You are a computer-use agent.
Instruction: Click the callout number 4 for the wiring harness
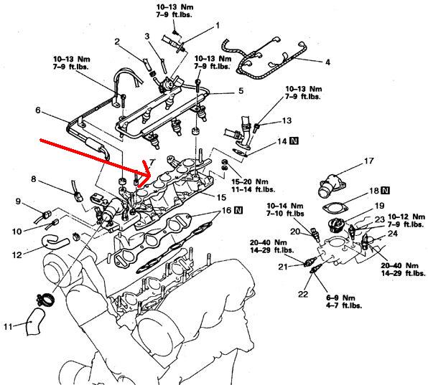pyautogui.click(x=328, y=62)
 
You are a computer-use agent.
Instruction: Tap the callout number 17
pyautogui.click(x=369, y=161)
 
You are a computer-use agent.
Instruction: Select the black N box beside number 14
pyautogui.click(x=294, y=141)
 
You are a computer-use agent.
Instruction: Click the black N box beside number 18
pyautogui.click(x=385, y=190)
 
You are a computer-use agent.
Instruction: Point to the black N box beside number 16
pyautogui.click(x=238, y=210)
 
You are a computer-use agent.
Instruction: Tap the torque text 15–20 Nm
pyautogui.click(x=250, y=181)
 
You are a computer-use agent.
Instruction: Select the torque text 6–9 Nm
pyautogui.click(x=341, y=298)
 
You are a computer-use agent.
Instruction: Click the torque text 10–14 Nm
pyautogui.click(x=285, y=206)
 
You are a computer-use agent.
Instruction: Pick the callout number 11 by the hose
pyautogui.click(x=8, y=326)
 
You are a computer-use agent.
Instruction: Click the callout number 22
pyautogui.click(x=303, y=294)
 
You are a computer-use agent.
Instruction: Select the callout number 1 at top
pyautogui.click(x=218, y=26)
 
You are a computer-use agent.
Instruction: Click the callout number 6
pyautogui.click(x=37, y=110)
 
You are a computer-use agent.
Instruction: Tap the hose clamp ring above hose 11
pyautogui.click(x=45, y=300)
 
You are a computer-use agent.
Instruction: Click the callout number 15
pyautogui.click(x=221, y=197)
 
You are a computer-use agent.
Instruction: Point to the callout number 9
pyautogui.click(x=18, y=201)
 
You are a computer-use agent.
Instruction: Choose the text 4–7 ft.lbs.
pyautogui.click(x=344, y=305)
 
